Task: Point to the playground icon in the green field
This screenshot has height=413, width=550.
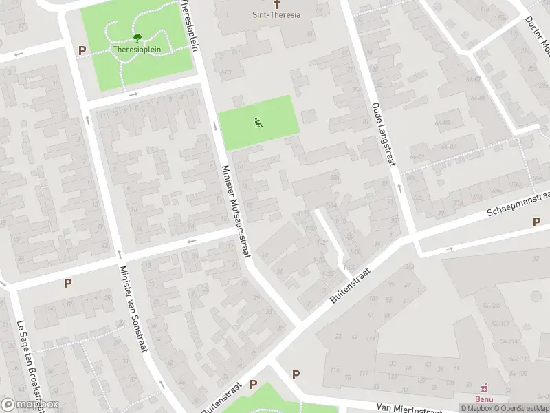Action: pos(258,123)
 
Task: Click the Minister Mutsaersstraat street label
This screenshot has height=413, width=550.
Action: pos(235,211)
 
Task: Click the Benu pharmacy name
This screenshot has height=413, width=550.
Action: pos(485,399)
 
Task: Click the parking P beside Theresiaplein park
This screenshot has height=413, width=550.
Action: pos(82,50)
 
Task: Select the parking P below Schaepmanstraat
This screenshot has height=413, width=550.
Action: pos(536,222)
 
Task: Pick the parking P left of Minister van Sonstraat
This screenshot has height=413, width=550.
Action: pos(67,283)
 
